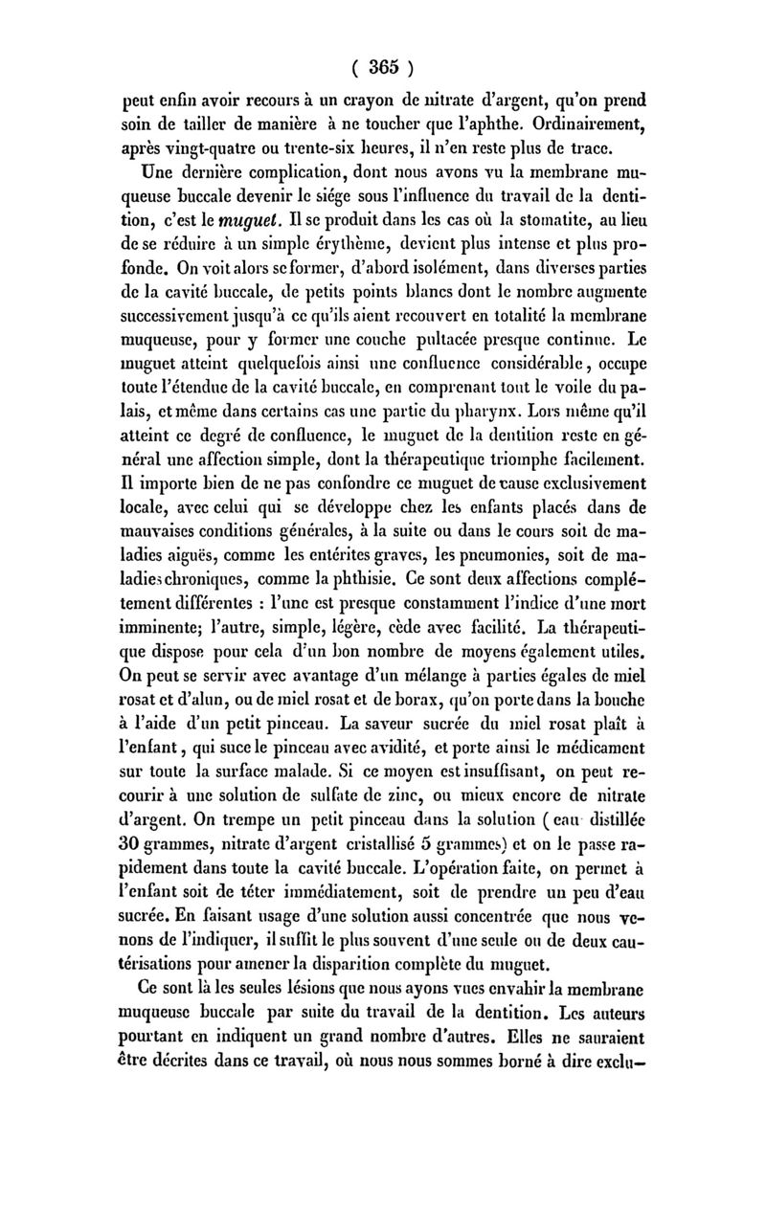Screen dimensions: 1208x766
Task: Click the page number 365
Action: (382, 68)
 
